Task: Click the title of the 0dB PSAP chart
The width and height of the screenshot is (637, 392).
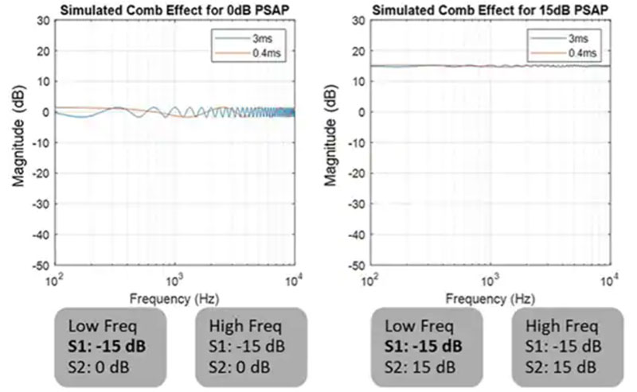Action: tap(174, 9)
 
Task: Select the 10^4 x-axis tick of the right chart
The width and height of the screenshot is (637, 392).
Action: tap(611, 281)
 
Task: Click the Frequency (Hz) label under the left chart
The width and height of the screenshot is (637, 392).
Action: tap(174, 299)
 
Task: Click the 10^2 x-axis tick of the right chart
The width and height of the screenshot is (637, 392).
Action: tap(370, 281)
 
